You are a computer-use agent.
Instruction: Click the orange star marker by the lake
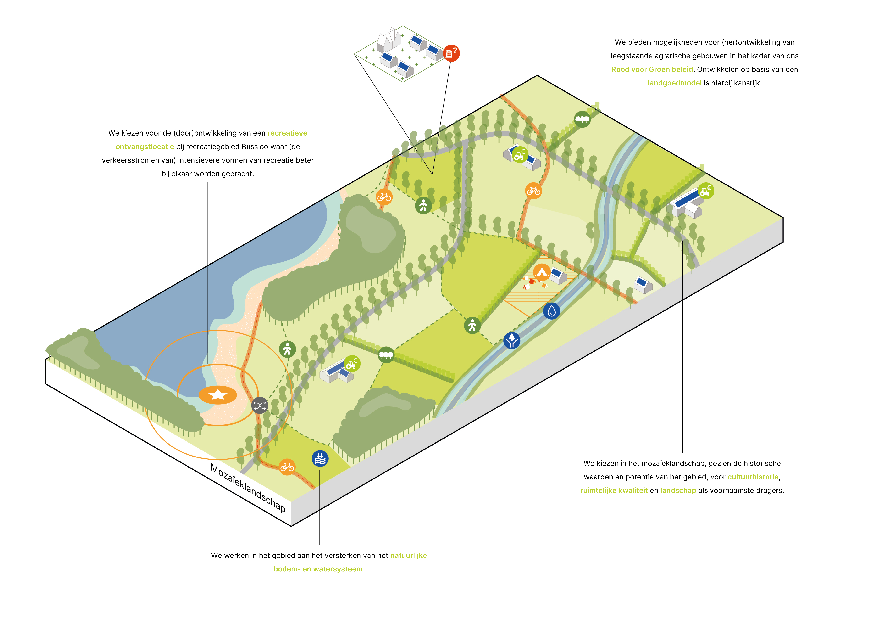[218, 395]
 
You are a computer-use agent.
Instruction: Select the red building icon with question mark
[451, 53]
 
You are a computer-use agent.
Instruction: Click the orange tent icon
[542, 272]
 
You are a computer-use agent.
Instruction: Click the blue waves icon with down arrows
[320, 458]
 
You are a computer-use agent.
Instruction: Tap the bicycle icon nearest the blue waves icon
[287, 467]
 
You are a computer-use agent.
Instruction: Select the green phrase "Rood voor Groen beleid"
[652, 70]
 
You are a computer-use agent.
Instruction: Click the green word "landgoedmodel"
[674, 83]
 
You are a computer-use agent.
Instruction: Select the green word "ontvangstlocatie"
[145, 147]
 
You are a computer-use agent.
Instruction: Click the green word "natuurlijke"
[409, 556]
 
